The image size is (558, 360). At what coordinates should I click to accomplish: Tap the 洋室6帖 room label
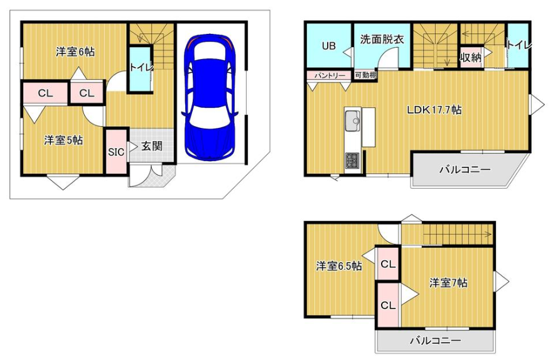tap(75, 53)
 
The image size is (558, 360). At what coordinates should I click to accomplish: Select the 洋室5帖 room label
tap(63, 140)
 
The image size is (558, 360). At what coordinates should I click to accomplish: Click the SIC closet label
tap(116, 151)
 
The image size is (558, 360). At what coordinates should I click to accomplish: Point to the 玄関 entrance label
tap(151, 147)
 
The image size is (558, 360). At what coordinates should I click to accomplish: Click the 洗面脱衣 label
tap(382, 39)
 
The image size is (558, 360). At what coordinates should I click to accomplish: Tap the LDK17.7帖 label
tap(434, 110)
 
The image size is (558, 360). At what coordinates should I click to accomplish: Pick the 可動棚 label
tap(365, 75)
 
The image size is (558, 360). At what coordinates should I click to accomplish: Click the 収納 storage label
tap(471, 58)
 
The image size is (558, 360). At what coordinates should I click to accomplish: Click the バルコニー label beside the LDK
tap(464, 169)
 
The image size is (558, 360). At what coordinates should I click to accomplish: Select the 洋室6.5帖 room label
tap(338, 266)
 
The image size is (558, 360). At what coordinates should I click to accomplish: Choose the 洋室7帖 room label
tap(448, 283)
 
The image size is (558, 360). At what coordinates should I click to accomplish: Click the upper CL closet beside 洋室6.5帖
tap(388, 264)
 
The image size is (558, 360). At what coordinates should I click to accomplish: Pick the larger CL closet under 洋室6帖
tap(44, 93)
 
